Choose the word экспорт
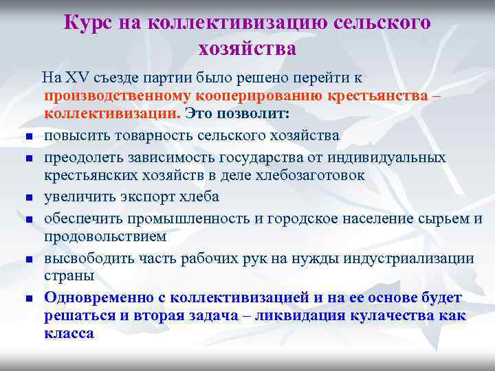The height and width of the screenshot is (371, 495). (142, 196)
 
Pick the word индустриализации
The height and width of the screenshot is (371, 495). (412, 258)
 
